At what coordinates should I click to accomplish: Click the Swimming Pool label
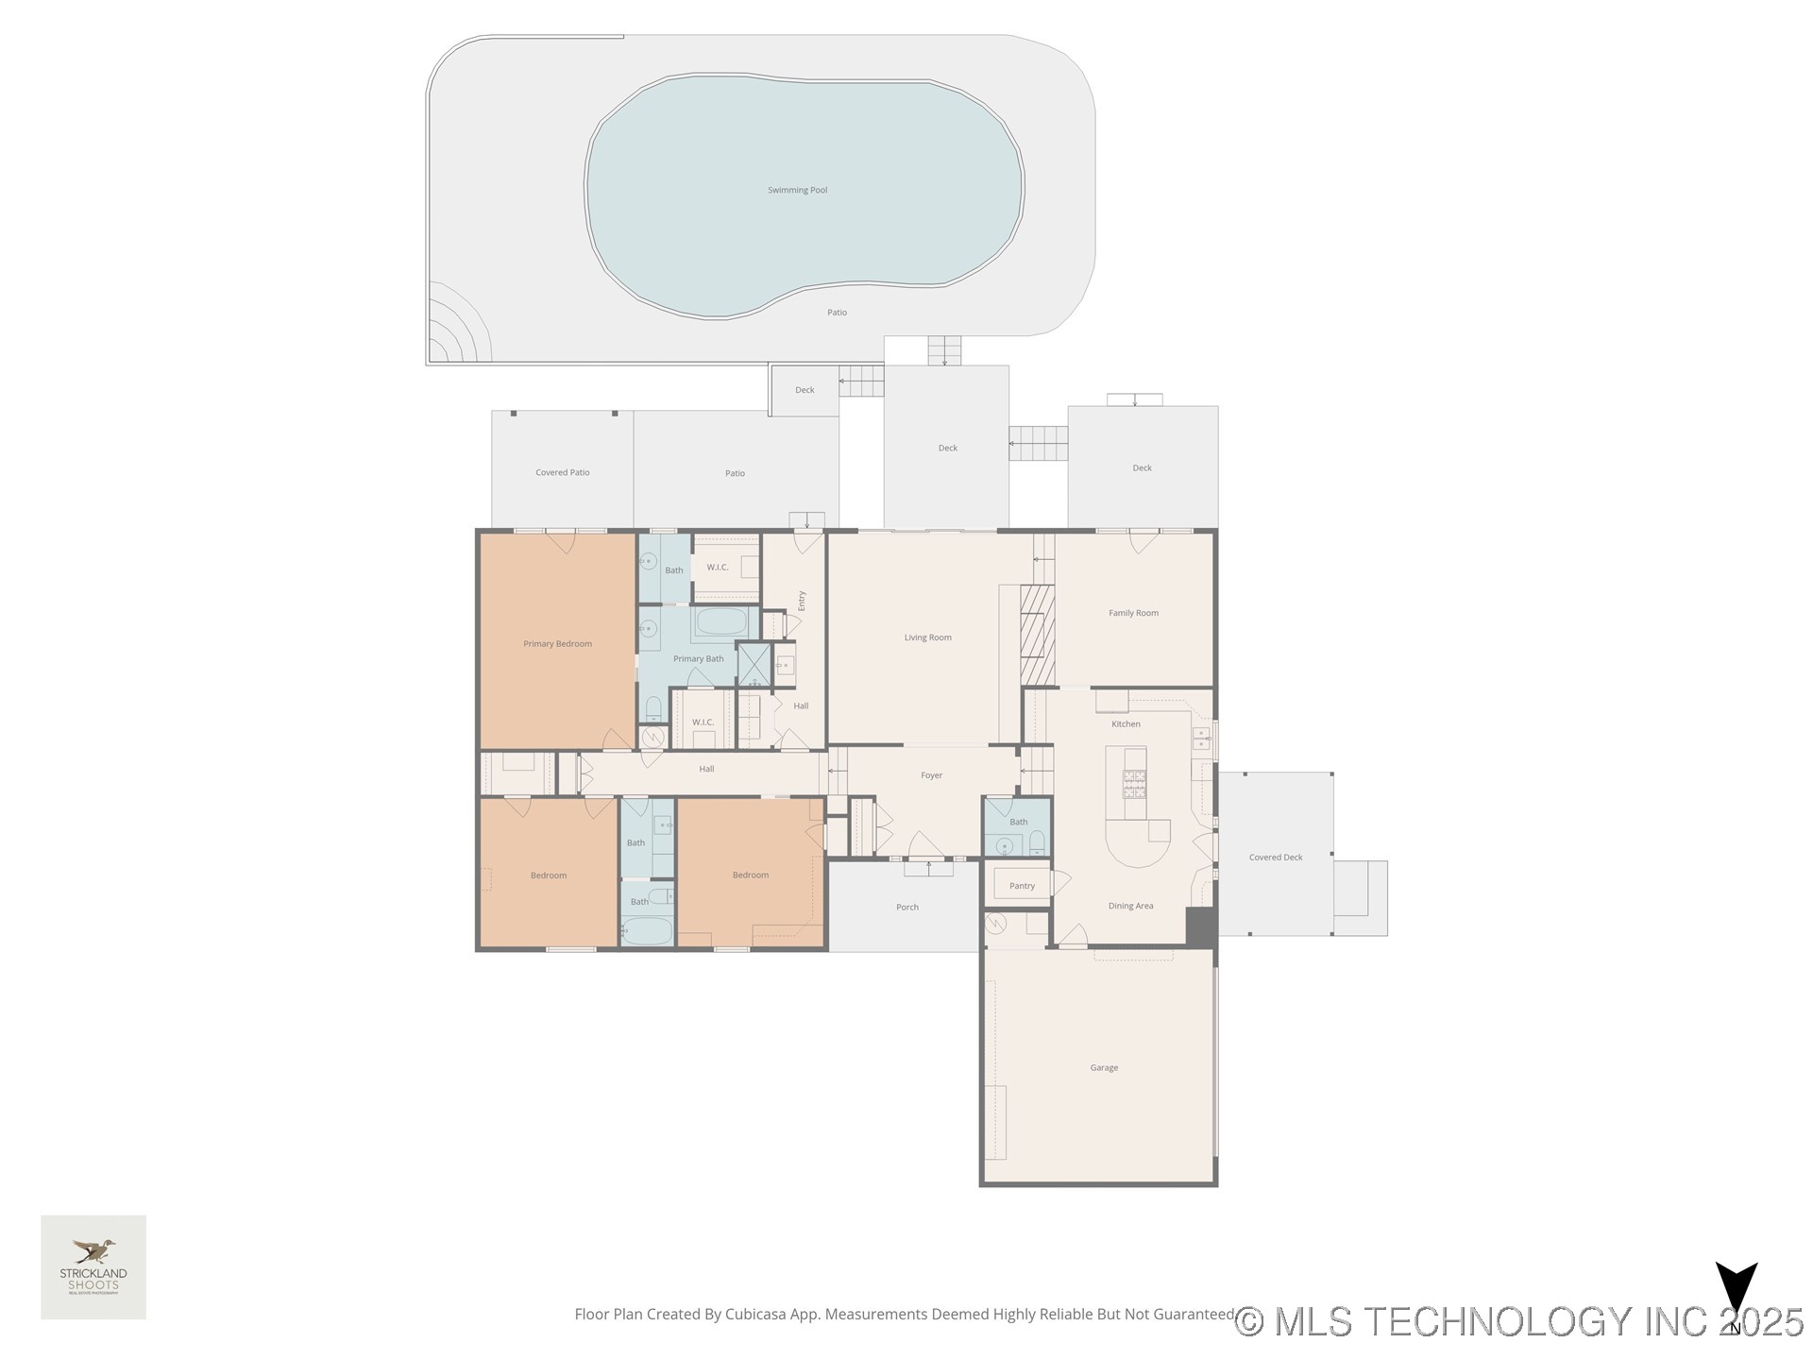[x=797, y=190]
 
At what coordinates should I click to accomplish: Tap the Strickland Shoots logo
[x=93, y=1266]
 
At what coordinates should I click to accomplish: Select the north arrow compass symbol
[x=1736, y=1296]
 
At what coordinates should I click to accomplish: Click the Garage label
[x=1104, y=1067]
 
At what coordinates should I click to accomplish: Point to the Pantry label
[x=1022, y=886]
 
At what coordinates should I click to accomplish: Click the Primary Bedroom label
[x=557, y=644]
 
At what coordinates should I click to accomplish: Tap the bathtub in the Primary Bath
[x=722, y=621]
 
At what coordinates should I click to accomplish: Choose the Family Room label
[x=1133, y=613]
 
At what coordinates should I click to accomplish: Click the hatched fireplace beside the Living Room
[x=1037, y=635]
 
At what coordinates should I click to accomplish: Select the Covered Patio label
[x=562, y=472]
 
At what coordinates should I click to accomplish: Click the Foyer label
[x=931, y=775]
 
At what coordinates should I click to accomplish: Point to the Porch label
[x=906, y=907]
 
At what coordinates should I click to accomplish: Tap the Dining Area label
[x=1130, y=906]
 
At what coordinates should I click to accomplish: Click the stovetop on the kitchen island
[x=1134, y=784]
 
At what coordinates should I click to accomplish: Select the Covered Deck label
[x=1275, y=858]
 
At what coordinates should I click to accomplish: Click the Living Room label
[x=927, y=637]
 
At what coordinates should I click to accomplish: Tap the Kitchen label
[x=1126, y=724]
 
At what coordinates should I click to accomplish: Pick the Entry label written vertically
[x=802, y=601]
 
